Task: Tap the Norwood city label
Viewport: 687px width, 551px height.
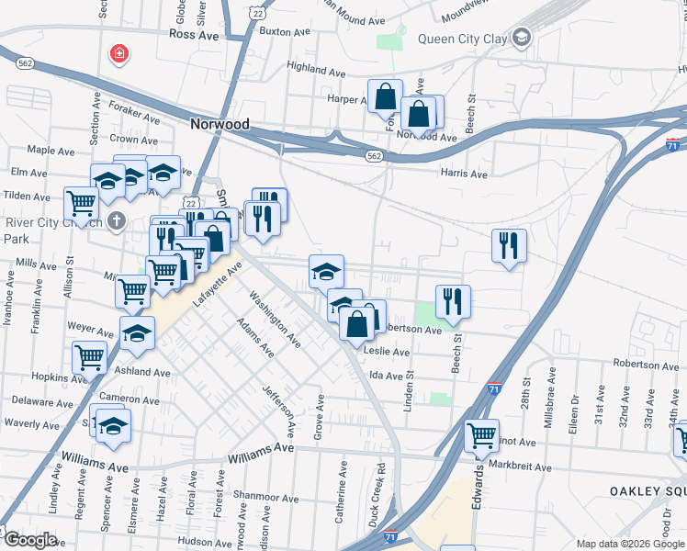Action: point(220,124)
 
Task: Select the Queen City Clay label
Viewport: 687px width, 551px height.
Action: point(463,39)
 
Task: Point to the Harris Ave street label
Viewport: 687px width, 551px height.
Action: point(464,174)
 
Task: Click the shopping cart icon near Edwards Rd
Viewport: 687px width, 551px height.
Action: point(481,435)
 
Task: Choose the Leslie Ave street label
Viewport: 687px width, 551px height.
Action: point(388,352)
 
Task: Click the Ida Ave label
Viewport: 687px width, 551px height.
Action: point(387,375)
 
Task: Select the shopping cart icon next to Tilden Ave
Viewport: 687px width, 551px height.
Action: point(82,202)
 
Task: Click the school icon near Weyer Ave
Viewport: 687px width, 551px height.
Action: point(137,332)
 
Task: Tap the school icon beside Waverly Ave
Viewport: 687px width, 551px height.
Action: point(114,424)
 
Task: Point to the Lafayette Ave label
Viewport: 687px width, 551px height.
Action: point(218,285)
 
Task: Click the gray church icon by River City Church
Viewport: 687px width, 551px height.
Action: point(116,220)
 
